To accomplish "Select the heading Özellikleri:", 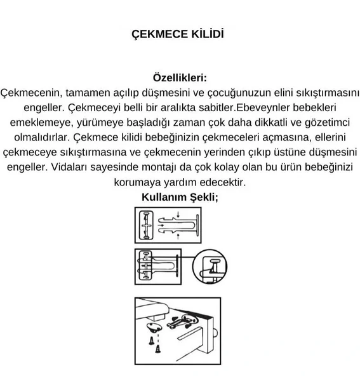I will coord(180,77).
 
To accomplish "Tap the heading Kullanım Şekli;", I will coord(180,196).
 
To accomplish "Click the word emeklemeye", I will coord(38,122).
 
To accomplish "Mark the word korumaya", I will coord(140,182).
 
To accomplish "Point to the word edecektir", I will coord(223,182).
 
